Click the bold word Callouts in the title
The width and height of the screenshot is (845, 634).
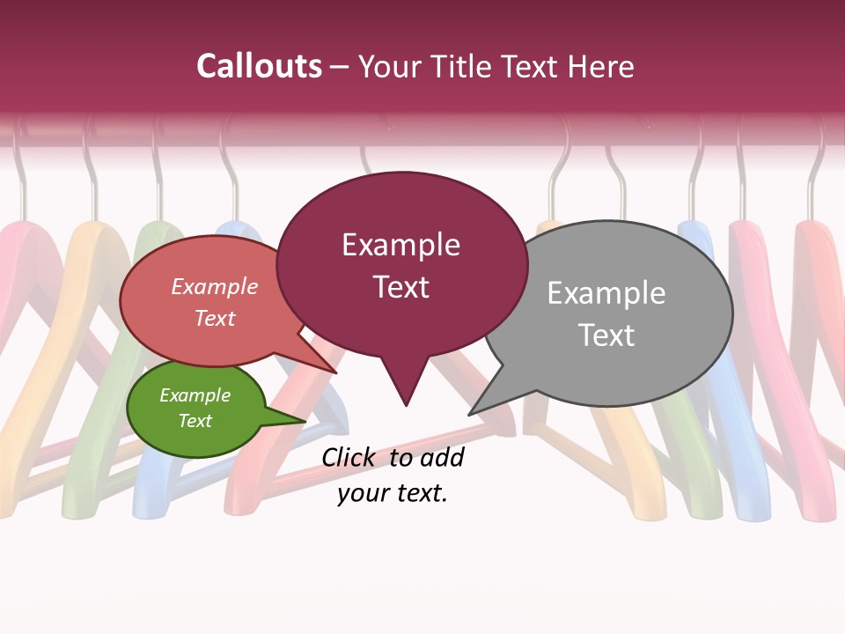click(259, 66)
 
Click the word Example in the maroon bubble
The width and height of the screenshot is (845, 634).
click(400, 245)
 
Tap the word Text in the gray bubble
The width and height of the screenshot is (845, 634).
click(606, 335)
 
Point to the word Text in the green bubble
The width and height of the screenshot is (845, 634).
click(195, 421)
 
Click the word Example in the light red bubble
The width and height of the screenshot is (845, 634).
click(215, 287)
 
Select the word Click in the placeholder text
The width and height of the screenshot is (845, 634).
click(350, 457)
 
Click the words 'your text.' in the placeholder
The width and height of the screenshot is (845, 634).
click(393, 493)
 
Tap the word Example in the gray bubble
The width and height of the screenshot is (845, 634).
click(606, 292)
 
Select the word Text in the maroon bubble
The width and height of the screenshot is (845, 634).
click(400, 287)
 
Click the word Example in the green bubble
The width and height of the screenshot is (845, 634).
click(195, 395)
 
